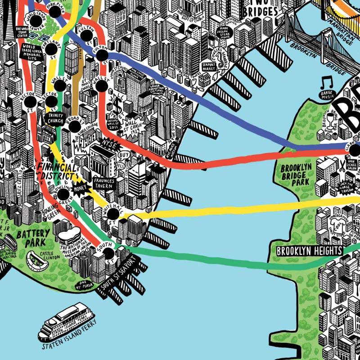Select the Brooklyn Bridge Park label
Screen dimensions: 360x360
pyautogui.click(x=295, y=175)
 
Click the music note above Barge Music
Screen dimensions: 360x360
pyautogui.click(x=326, y=83)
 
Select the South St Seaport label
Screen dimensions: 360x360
pyautogui.click(x=118, y=275)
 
